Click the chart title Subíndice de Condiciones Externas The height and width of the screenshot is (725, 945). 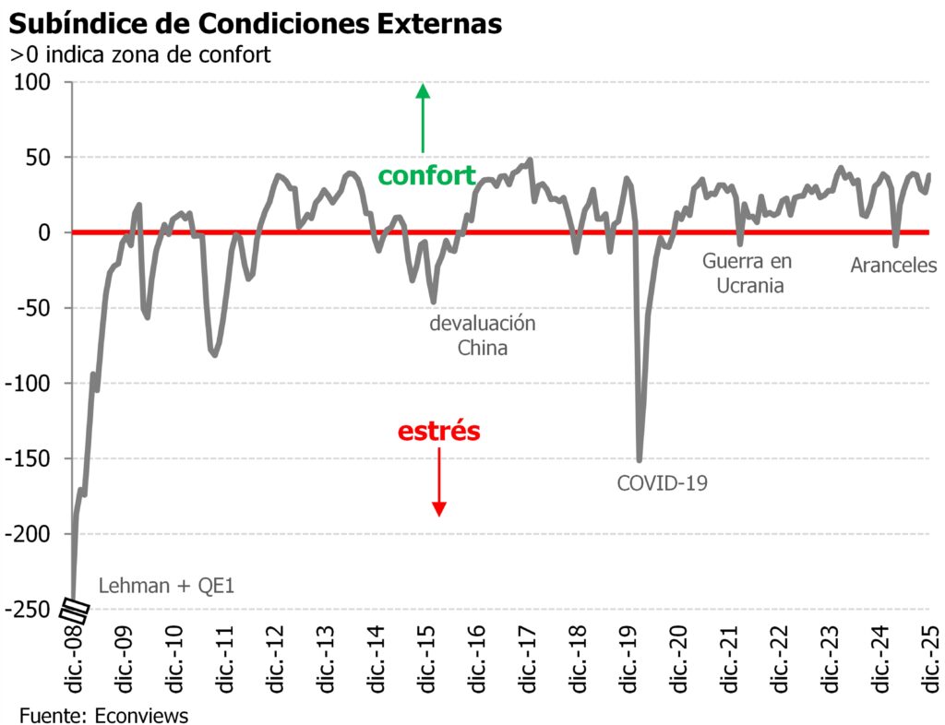tap(256, 23)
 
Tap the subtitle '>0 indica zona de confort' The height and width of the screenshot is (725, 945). tap(140, 54)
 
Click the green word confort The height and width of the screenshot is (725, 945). tap(427, 175)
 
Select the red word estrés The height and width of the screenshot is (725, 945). tap(439, 431)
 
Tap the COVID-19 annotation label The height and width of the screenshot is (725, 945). tap(662, 481)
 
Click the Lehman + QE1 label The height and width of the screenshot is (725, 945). tap(167, 585)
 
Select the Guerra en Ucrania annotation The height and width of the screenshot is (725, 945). tap(747, 273)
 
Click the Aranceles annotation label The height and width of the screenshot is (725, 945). tap(893, 266)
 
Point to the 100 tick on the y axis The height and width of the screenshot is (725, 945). tap(40, 83)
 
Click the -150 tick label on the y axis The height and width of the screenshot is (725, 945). tap(33, 459)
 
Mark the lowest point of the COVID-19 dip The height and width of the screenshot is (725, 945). tap(640, 459)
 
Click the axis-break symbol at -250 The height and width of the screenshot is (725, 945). tap(74, 610)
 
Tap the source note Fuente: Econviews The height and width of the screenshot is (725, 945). tap(102, 714)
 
